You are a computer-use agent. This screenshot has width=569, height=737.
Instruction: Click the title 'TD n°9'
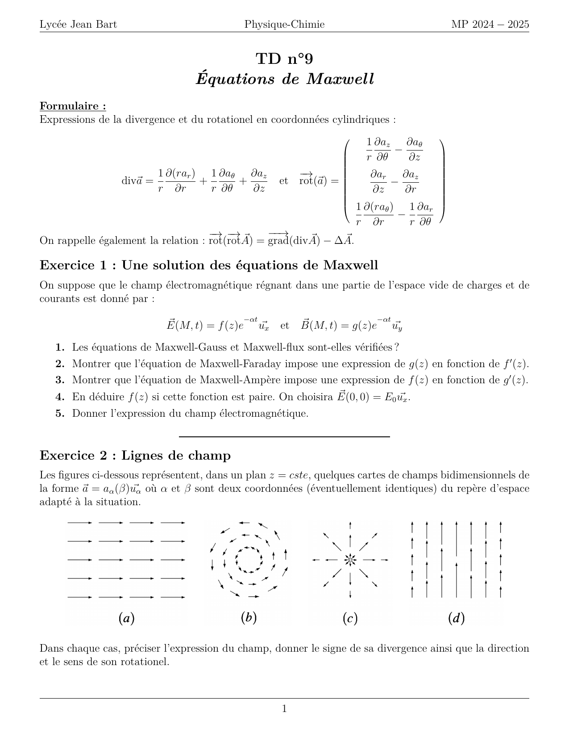284,59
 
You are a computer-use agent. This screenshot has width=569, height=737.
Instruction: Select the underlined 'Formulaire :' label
73,106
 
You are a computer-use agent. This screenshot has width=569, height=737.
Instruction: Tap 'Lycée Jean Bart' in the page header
78,24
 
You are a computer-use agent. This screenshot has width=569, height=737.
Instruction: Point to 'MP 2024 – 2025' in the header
490,24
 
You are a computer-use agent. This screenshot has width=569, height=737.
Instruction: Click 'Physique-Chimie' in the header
284,24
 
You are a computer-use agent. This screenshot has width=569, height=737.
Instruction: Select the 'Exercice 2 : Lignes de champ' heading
135,456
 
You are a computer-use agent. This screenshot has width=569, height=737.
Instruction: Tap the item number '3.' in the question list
60,380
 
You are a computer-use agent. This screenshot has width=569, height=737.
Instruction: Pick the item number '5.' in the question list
60,414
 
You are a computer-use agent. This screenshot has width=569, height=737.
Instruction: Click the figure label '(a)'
126,618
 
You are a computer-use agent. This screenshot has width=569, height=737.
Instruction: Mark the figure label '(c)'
350,618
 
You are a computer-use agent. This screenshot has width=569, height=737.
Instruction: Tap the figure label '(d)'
456,618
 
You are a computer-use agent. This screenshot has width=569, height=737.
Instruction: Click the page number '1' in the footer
284,709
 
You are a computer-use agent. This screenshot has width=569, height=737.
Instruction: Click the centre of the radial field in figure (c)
350,560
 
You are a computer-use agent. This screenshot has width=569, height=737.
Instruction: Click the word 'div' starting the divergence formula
129,181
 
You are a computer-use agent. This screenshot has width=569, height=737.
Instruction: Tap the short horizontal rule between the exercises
284,436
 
